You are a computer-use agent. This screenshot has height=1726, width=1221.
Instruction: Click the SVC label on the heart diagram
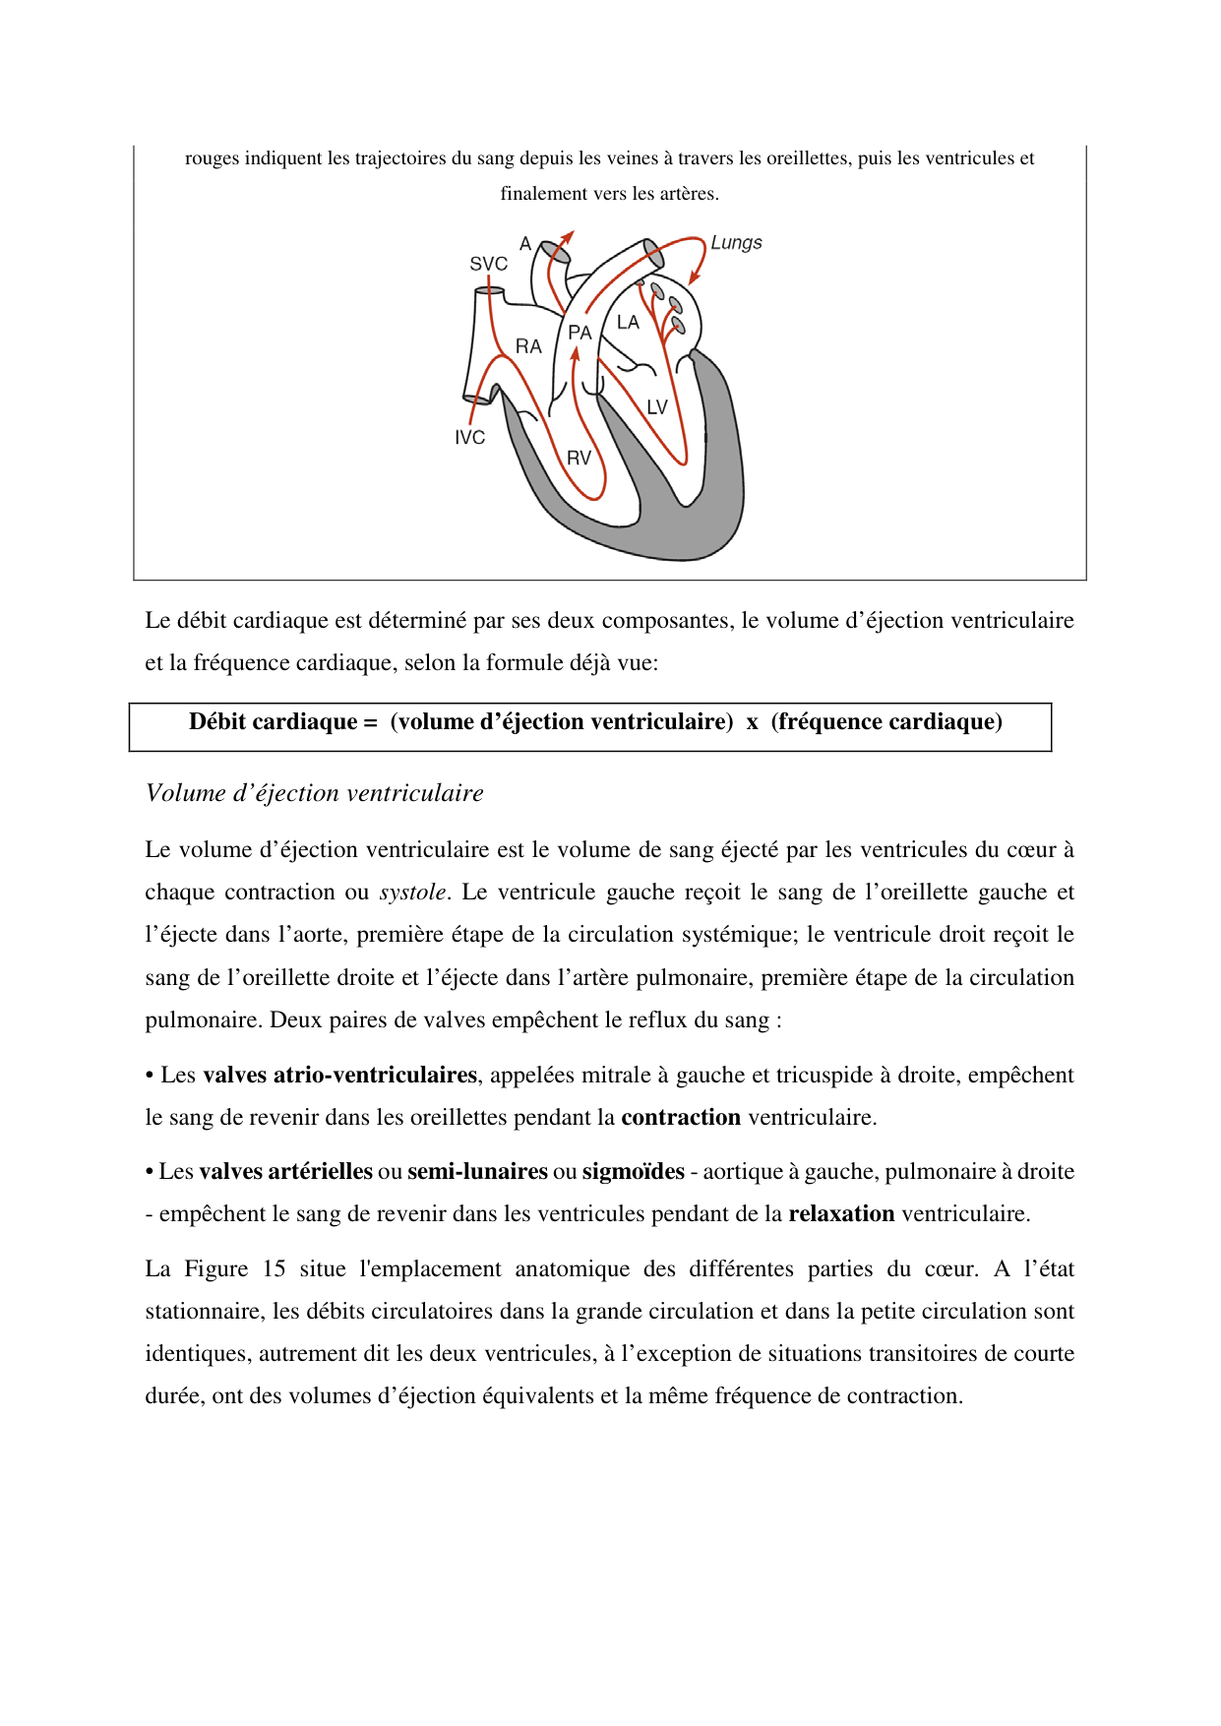[488, 264]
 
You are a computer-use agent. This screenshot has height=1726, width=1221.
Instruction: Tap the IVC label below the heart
[469, 438]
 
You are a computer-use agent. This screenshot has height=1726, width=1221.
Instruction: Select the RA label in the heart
[528, 346]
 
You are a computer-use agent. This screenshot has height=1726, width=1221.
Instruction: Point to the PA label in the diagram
[580, 333]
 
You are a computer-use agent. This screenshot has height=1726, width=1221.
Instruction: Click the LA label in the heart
[628, 322]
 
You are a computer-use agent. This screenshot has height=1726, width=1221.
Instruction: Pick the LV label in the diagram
[657, 407]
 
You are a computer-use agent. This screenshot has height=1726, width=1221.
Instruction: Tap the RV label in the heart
[579, 459]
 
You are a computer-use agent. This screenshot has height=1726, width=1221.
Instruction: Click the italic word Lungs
[736, 243]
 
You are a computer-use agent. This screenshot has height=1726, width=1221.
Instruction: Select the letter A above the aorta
[525, 243]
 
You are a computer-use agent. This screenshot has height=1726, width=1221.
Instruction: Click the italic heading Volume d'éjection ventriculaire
[314, 793]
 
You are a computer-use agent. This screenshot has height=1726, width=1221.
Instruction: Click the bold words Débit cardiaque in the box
[274, 722]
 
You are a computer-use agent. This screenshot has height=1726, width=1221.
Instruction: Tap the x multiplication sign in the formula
[752, 722]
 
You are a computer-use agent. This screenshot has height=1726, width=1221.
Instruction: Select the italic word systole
[412, 893]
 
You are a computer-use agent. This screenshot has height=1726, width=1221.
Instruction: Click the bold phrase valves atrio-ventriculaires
[339, 1075]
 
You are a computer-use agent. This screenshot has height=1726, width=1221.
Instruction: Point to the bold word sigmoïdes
[633, 1171]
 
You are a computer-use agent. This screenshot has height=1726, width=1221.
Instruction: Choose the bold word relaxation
[841, 1213]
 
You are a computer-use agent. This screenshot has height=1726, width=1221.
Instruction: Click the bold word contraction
[681, 1117]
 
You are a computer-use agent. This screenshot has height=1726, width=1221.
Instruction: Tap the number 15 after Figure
[274, 1268]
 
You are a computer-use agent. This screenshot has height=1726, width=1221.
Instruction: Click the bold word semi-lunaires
[477, 1171]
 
